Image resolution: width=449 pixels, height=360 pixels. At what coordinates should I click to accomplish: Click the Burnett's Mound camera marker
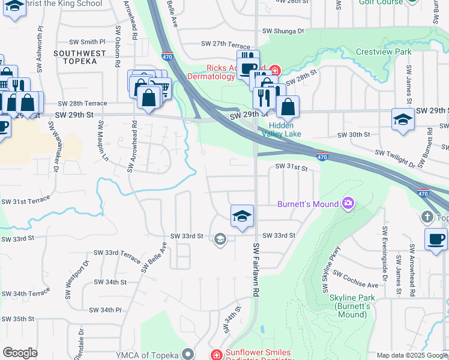point(348,204)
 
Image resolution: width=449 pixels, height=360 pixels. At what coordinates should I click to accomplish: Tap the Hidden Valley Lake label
point(280,130)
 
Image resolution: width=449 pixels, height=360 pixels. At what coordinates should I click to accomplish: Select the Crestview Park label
point(384,52)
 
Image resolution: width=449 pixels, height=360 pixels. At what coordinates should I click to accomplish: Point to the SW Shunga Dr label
point(283,31)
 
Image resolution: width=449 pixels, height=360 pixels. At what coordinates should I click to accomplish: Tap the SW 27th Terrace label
point(225,44)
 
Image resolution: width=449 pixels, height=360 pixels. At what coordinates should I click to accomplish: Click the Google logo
point(20,353)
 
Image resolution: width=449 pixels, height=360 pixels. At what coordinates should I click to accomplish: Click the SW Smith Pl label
point(88,42)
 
